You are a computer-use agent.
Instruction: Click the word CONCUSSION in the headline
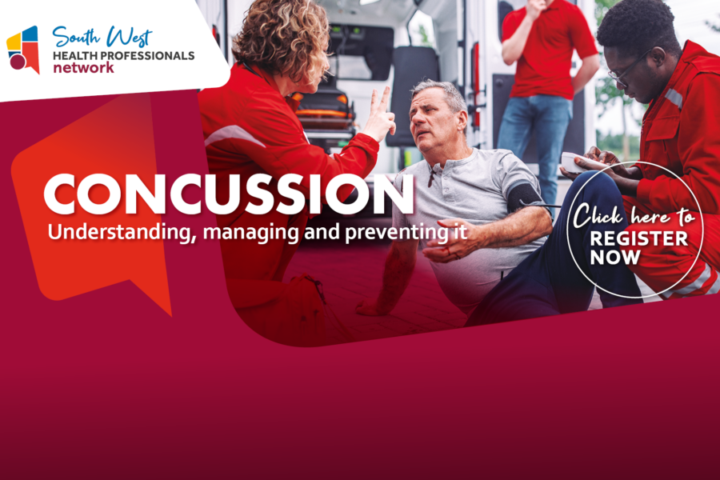click(x=229, y=194)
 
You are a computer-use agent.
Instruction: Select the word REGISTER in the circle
click(x=638, y=239)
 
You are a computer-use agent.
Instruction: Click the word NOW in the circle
click(x=615, y=258)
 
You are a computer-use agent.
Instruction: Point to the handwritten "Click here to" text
click(x=634, y=216)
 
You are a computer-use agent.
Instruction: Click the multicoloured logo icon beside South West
click(x=23, y=50)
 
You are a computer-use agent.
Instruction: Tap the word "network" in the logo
click(x=83, y=68)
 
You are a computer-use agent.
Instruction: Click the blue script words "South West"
click(x=102, y=37)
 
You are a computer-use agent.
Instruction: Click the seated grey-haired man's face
click(x=430, y=122)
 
